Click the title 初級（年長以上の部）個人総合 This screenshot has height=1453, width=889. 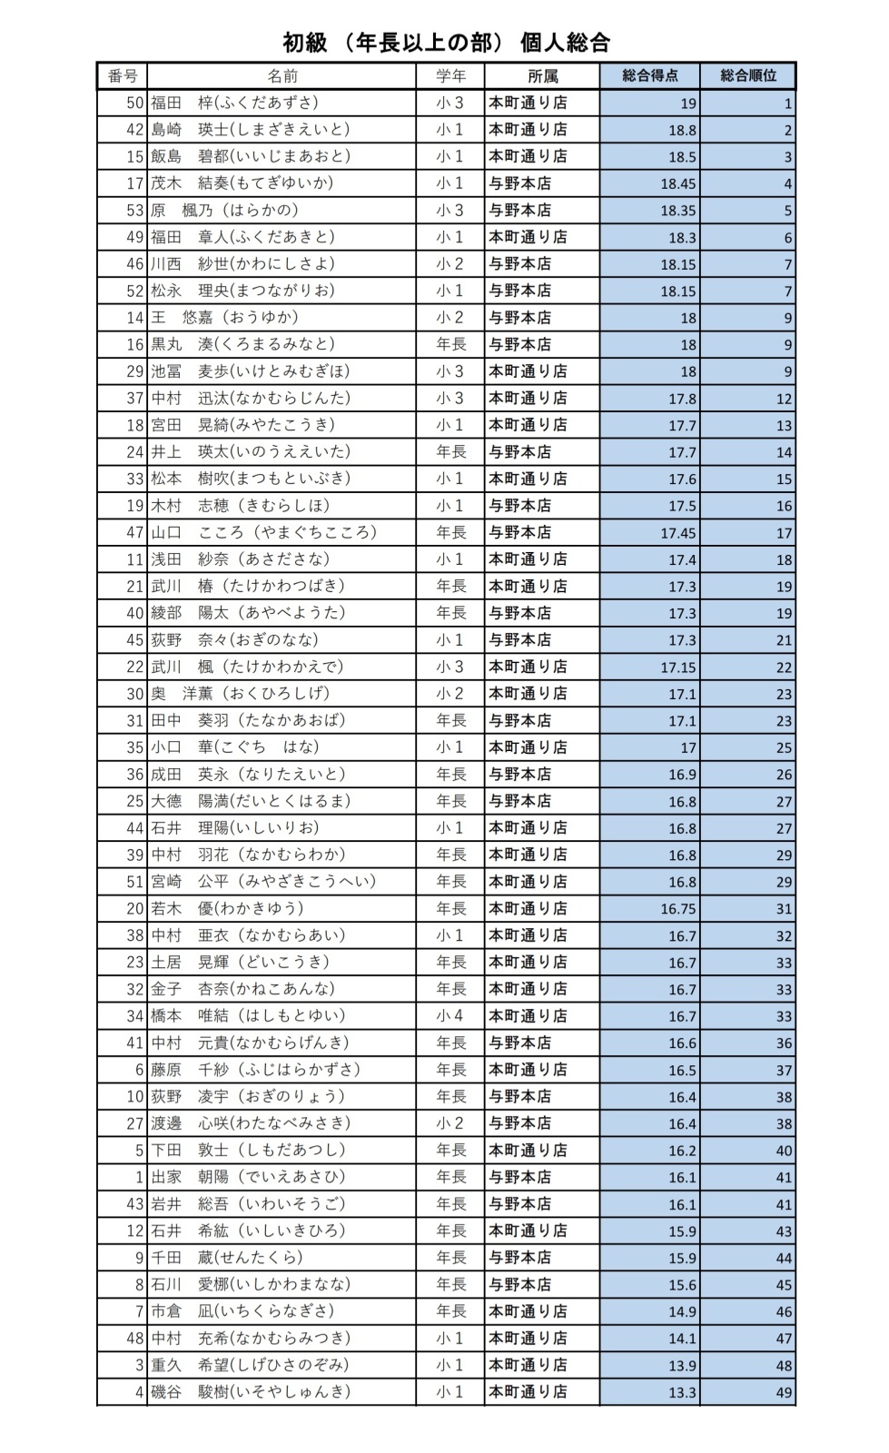pos(445,43)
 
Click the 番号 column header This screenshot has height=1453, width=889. pos(122,76)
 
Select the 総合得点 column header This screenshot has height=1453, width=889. pos(649,76)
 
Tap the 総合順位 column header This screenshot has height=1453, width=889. pos(748,76)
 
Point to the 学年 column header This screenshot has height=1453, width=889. pos(449,76)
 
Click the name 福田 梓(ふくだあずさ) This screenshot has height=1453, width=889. pos(234,103)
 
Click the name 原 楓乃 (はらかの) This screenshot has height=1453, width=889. pos(224,210)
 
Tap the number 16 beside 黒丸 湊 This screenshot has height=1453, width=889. pos(135,344)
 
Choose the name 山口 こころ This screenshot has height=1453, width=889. pos(263,532)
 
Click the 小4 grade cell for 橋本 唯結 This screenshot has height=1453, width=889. pos(449,1016)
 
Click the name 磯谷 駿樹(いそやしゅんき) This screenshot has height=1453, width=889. pos(250,1391)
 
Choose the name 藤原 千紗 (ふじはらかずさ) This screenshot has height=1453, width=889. pos(256,1070)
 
